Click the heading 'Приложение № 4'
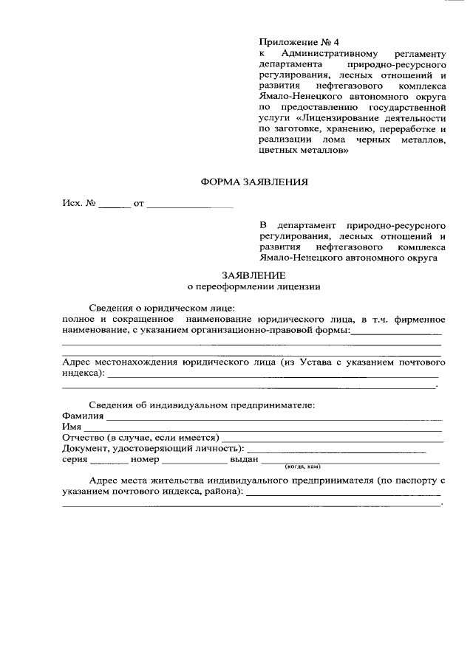[x=298, y=42]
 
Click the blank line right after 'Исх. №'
[x=114, y=204]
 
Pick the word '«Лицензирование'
[x=336, y=117]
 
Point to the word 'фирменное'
[x=418, y=319]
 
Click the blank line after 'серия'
[x=109, y=461]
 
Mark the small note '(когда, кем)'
[x=302, y=468]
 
